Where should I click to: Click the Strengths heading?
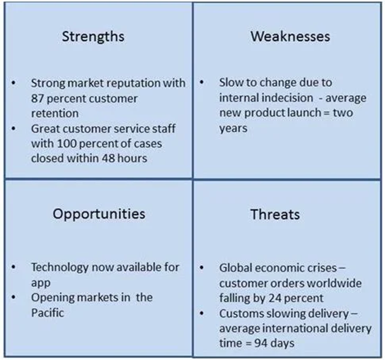point(93,37)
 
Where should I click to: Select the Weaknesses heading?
point(290,36)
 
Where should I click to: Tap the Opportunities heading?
point(99,214)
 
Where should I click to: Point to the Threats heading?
point(275,214)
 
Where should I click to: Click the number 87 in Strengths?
point(37,98)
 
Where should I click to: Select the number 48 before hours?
point(108,158)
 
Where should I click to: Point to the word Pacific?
point(47,313)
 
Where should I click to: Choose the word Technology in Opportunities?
point(59,268)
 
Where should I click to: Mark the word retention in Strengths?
point(54,113)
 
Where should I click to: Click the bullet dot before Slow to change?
point(202,83)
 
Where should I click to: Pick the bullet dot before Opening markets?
point(13,298)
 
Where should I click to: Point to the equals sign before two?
point(327,113)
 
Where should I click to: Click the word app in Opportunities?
point(41,284)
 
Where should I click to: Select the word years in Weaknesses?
point(233,129)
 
